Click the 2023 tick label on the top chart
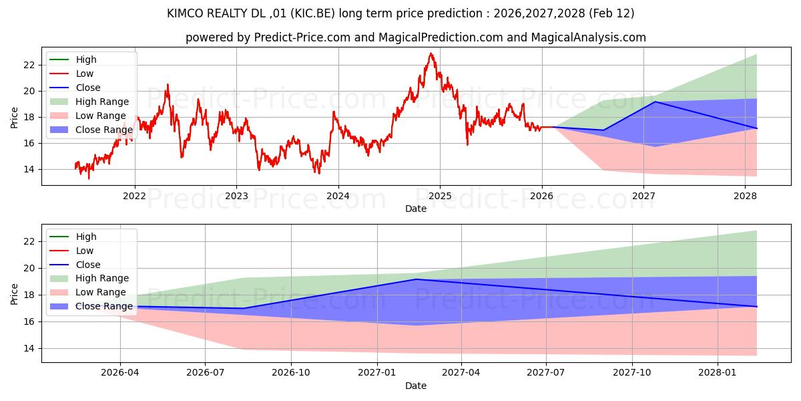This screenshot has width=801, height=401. click(236, 196)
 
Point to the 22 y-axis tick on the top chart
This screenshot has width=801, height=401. click(29, 65)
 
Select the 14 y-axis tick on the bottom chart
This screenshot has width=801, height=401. click(29, 348)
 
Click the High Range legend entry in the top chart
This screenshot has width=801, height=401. click(102, 102)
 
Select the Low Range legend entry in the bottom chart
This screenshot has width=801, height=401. click(101, 292)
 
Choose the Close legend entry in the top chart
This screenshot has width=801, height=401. click(88, 88)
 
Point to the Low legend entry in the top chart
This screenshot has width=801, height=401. click(85, 74)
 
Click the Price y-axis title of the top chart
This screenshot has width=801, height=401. click(15, 117)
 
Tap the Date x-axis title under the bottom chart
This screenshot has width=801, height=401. click(416, 386)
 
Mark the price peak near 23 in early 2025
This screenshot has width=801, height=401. click(431, 53)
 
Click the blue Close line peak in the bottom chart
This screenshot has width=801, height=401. click(417, 279)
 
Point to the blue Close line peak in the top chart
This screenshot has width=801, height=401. click(655, 102)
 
